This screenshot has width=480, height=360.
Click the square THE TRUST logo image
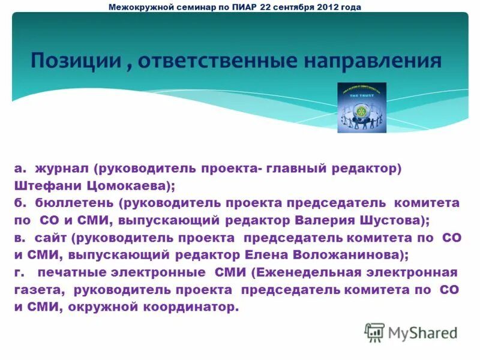362,107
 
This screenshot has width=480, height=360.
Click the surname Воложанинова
346,255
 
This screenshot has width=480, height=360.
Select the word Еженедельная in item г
309,272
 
